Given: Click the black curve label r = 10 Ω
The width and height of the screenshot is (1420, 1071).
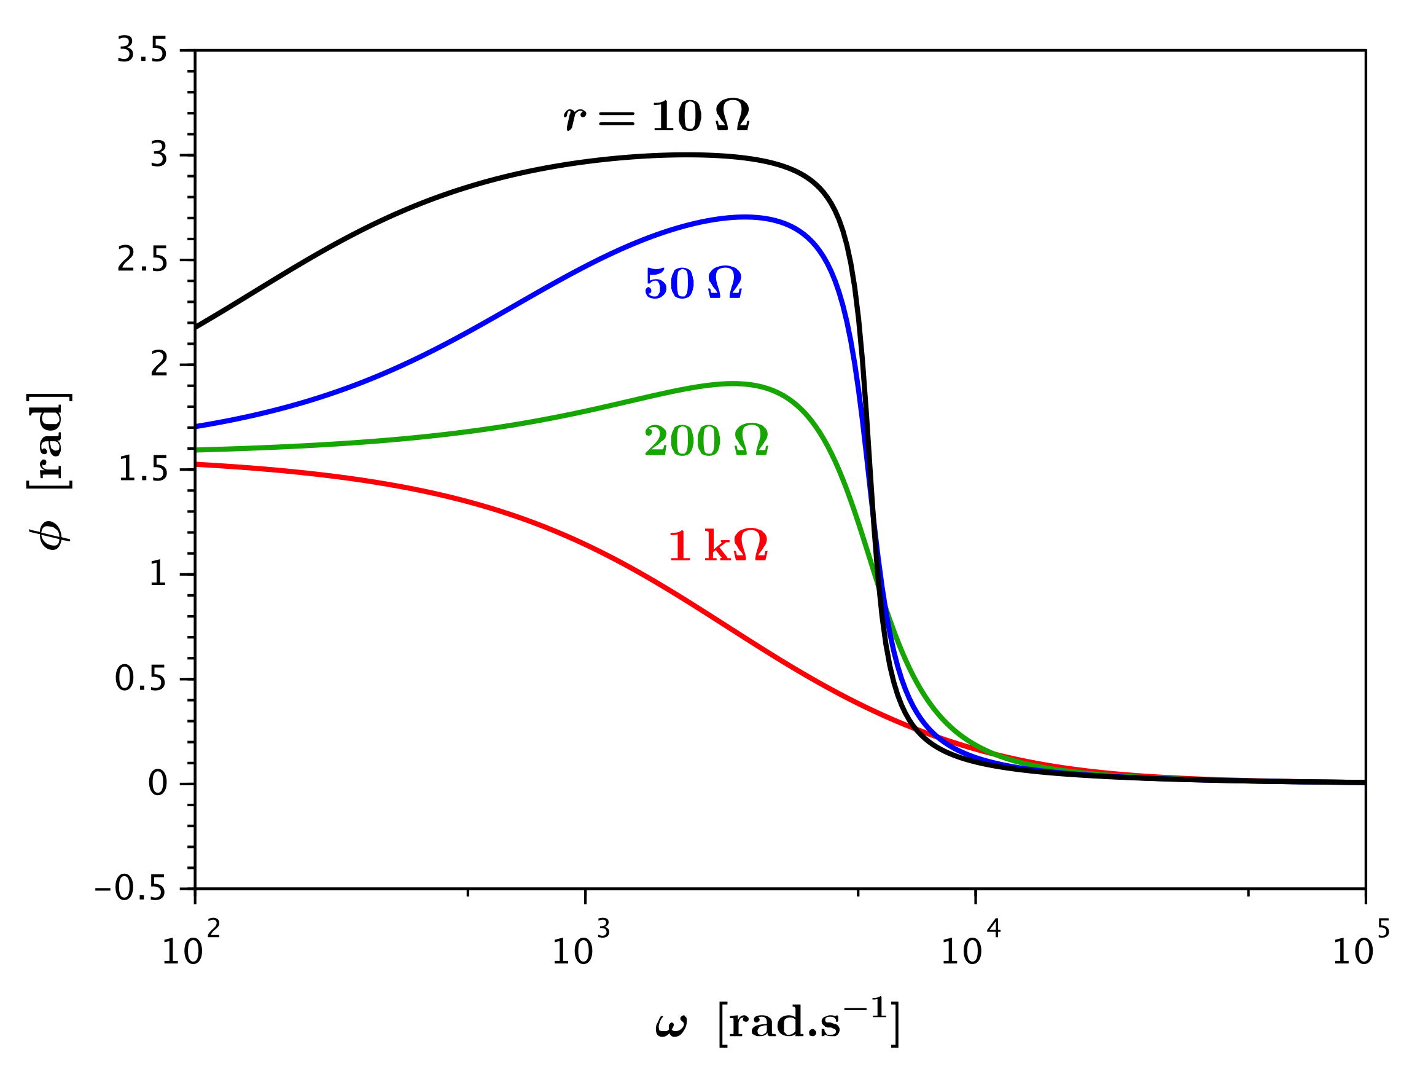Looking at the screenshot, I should click(656, 117).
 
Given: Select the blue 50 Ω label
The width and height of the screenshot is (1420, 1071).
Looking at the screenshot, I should click(693, 283).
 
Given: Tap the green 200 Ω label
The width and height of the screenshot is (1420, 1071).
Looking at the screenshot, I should click(706, 441).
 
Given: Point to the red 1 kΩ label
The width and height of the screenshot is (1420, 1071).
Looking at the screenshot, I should click(718, 546).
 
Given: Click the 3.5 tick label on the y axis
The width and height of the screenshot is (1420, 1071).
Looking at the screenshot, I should click(142, 51).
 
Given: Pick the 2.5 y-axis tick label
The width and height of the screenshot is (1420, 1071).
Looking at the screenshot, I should click(142, 261).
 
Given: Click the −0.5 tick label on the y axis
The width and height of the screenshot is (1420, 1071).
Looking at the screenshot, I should click(130, 889).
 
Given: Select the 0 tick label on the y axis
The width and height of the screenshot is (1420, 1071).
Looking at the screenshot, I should click(158, 784).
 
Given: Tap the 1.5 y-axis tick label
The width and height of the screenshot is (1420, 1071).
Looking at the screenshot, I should click(142, 470).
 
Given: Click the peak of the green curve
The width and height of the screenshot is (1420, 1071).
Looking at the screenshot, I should click(732, 384).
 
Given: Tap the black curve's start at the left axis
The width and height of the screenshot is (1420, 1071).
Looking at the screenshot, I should click(197, 328).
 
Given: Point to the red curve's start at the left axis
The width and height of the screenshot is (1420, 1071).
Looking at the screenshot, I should click(197, 463).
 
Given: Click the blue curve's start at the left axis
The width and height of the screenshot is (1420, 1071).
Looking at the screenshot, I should click(197, 426).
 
